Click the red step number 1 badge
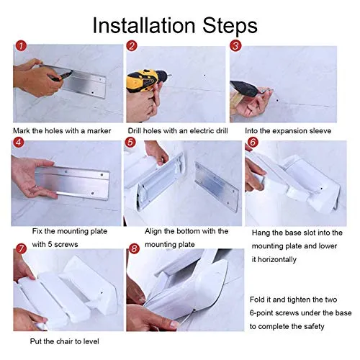pos(21,46)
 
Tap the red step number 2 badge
pos(132,46)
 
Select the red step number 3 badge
pos(235,46)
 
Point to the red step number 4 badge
pos(19,143)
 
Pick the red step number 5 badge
pos(130,143)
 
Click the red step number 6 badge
pos(253,142)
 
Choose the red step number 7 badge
pos(21,248)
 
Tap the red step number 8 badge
pos(134,248)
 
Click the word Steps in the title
pos(230,26)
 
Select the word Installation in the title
pos(144,25)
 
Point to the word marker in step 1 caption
pos(99,131)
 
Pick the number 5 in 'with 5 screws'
pos(50,245)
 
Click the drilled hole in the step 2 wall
pos(204,76)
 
